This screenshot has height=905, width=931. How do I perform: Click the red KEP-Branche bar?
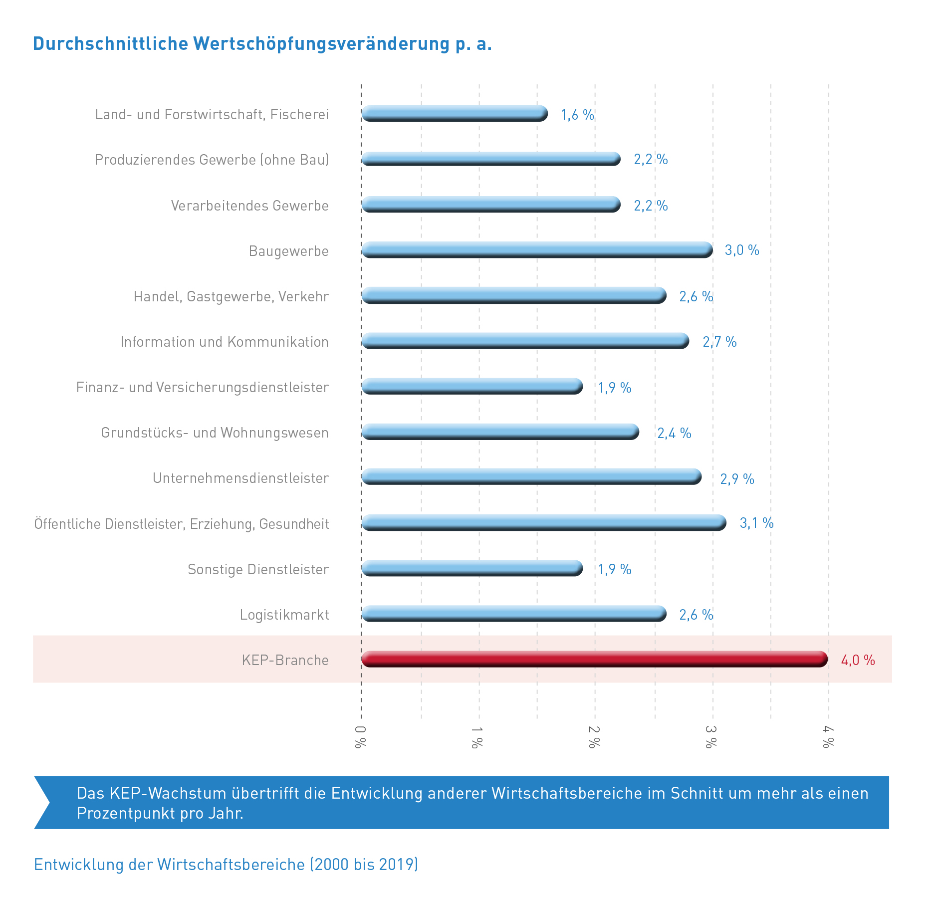(594, 659)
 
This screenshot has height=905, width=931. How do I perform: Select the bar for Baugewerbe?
(536, 250)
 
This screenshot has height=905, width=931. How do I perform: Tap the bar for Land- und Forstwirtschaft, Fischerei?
(454, 114)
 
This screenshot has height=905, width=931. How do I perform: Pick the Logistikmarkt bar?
(514, 614)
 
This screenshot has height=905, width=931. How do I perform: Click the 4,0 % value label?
(858, 660)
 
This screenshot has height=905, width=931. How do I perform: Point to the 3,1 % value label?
(756, 523)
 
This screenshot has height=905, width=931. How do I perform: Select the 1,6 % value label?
(577, 115)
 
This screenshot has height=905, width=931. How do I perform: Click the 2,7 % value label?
(719, 342)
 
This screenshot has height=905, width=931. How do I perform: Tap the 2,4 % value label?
(674, 433)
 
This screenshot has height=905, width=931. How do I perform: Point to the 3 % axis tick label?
(711, 737)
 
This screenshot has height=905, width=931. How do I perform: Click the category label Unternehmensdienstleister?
(240, 478)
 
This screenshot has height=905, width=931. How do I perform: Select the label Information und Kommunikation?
(225, 342)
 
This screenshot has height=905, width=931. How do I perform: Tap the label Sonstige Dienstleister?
(258, 569)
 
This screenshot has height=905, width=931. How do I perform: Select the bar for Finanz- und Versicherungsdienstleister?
(472, 386)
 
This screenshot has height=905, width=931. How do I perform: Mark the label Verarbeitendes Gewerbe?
(249, 206)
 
